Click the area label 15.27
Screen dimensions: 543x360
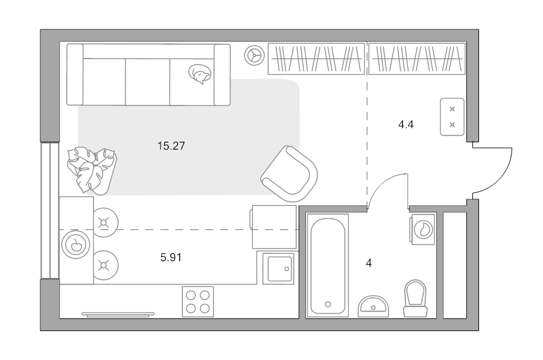(171, 146)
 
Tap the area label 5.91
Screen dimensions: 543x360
(171, 257)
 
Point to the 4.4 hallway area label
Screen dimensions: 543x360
(406, 124)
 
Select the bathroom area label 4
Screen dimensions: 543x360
(369, 263)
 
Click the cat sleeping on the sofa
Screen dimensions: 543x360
(200, 74)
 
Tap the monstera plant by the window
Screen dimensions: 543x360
(92, 170)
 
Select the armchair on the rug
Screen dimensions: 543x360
(290, 174)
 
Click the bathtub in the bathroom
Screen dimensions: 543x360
(327, 265)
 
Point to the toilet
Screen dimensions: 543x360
(415, 298)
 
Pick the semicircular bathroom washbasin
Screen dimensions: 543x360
(373, 306)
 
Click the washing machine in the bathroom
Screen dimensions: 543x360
(422, 229)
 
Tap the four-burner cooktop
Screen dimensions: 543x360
(198, 302)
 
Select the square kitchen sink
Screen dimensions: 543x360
(278, 268)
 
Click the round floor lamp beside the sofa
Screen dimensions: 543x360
(255, 55)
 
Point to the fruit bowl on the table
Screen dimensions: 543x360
(76, 245)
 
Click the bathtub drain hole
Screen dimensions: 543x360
(328, 305)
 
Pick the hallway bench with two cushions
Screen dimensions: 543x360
(452, 116)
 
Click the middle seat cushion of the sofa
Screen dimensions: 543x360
(148, 81)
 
